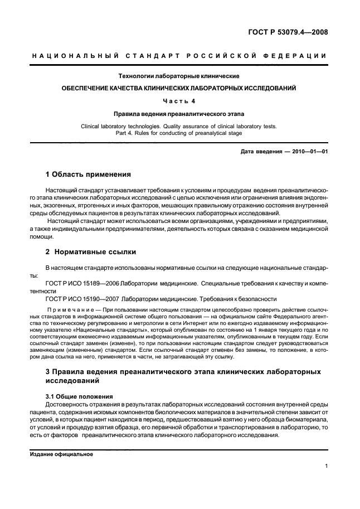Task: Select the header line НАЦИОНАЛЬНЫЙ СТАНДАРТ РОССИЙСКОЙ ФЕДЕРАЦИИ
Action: point(179,56)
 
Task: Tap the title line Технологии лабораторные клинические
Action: point(179,76)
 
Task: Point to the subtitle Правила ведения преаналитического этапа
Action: point(179,113)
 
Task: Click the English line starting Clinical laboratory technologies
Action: point(179,126)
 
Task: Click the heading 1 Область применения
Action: point(87,174)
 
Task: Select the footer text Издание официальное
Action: point(61,454)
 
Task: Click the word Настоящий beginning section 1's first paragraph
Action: point(64,190)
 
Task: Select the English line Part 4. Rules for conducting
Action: point(179,133)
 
